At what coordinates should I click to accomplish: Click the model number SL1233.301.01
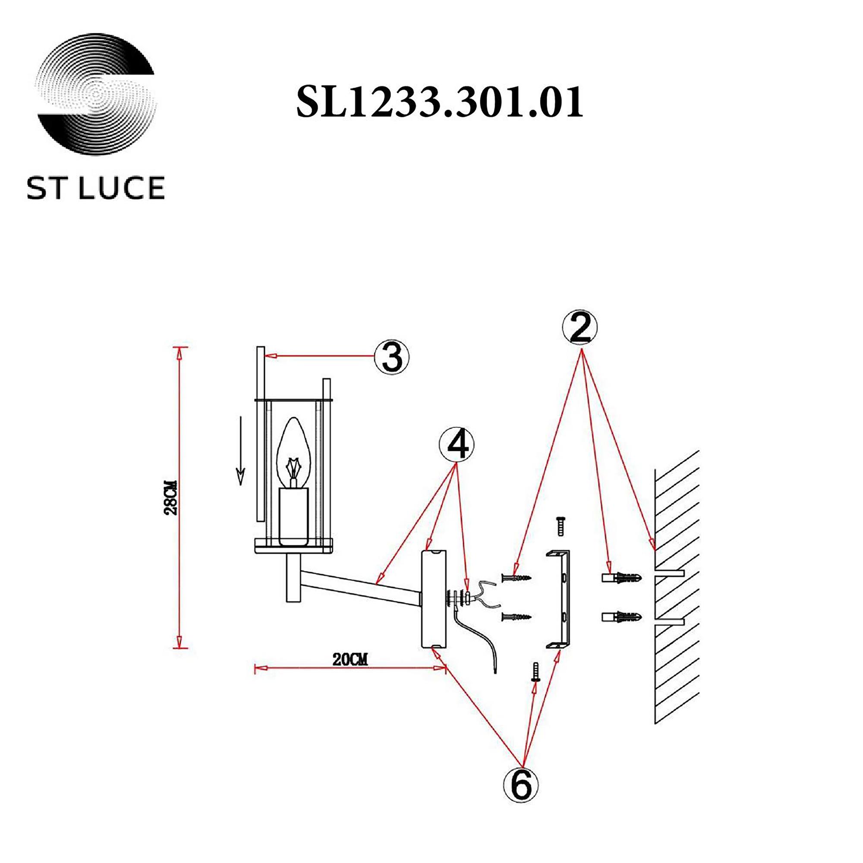pyautogui.click(x=440, y=102)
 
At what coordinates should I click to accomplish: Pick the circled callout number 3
pyautogui.click(x=392, y=357)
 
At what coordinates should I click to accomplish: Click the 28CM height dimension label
pyautogui.click(x=171, y=497)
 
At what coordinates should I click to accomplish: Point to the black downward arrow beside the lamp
pyautogui.click(x=241, y=451)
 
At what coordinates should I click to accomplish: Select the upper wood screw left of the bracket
pyautogui.click(x=517, y=578)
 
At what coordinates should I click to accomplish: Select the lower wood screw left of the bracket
pyautogui.click(x=517, y=617)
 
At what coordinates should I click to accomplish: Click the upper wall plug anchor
pyautogui.click(x=622, y=578)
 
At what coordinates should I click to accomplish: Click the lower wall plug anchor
pyautogui.click(x=622, y=618)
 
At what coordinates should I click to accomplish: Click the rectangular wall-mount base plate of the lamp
pyautogui.click(x=434, y=599)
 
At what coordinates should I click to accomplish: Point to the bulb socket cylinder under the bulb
pyautogui.click(x=293, y=516)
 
